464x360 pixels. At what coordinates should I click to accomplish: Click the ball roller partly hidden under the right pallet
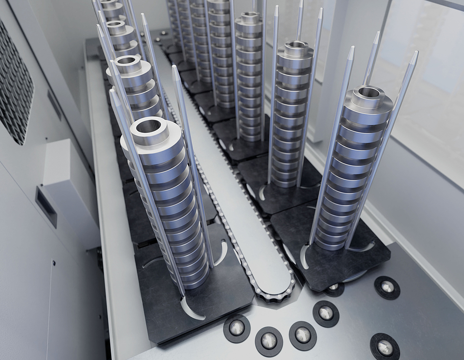point(335,288)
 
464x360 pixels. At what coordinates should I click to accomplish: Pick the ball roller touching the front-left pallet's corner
point(236,328)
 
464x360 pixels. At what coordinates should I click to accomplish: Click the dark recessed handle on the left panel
point(46,207)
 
